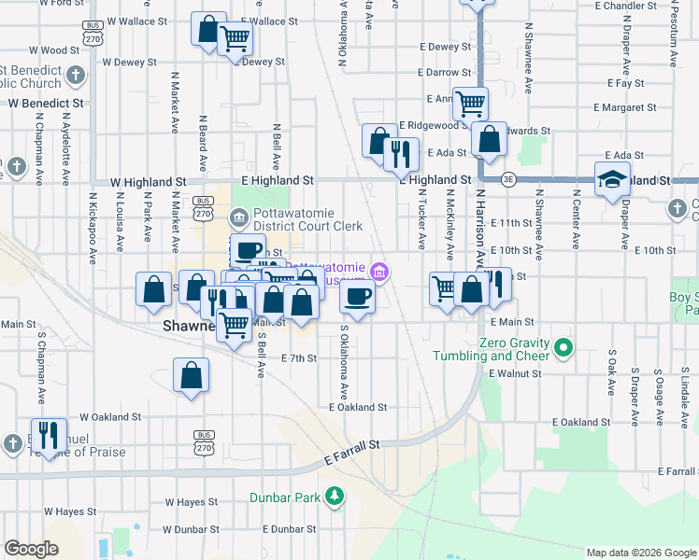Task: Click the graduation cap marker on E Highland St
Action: (612, 178)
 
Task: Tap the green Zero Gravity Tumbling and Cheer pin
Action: (563, 349)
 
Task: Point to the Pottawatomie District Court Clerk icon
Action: (239, 218)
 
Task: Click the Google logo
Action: (31, 549)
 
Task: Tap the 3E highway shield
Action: (508, 180)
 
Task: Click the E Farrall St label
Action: (354, 454)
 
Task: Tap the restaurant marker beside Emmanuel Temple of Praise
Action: (50, 434)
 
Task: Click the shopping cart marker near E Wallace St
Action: (235, 38)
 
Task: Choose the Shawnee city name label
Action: (190, 326)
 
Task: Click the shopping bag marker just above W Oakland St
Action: (191, 375)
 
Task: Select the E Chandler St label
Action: (633, 6)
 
